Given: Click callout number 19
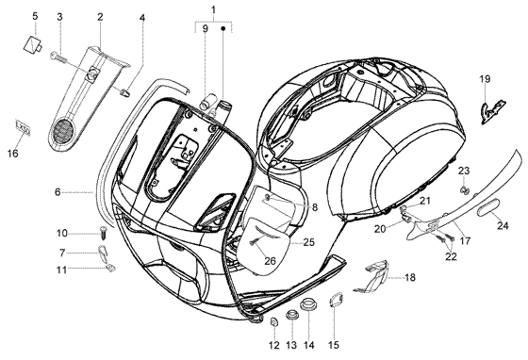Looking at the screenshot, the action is tap(485, 79).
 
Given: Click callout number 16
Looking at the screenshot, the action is tap(13, 154).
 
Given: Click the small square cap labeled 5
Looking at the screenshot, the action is tap(32, 44).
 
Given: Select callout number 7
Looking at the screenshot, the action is tap(62, 253).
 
